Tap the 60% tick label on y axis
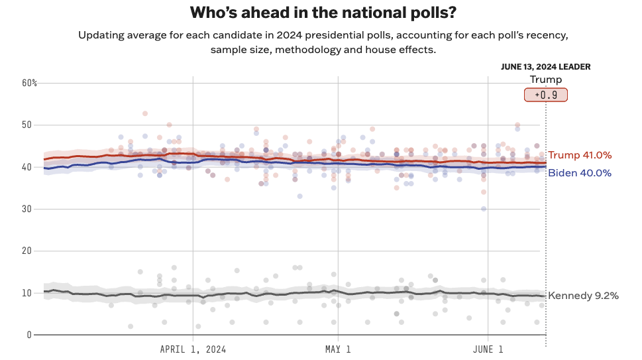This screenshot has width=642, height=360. pos(29,83)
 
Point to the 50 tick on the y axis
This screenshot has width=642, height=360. pos(26,125)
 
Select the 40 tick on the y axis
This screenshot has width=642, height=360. pos(26,167)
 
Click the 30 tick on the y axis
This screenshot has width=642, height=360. pos(26,209)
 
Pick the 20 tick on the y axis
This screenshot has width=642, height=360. pos(26,251)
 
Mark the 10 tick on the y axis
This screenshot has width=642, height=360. pos(26,293)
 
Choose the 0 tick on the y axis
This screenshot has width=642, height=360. pos(29,335)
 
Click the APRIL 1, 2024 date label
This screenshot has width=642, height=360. pos(193,349)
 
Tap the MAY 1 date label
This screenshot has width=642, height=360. pos(338,349)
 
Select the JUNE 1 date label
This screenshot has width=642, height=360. pos(488,349)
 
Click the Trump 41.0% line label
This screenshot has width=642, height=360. pos(580,155)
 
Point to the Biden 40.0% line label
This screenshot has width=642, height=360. pos(580,173)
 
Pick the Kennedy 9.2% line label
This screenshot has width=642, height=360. pos(583,296)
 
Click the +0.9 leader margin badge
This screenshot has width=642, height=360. pos(545,95)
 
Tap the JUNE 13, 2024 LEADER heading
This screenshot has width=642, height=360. pos(545,67)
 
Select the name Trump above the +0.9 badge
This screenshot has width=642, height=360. pos(545,80)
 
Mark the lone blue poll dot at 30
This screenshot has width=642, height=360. pos(484,209)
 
